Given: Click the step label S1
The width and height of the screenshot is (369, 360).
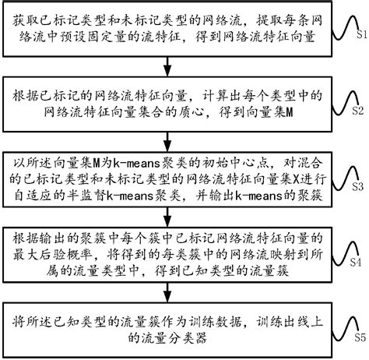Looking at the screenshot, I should [359, 36].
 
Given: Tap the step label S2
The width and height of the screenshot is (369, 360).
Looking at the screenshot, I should [359, 111].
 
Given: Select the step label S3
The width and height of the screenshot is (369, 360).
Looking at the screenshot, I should [359, 188].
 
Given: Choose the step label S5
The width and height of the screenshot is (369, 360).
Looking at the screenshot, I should [359, 337].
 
